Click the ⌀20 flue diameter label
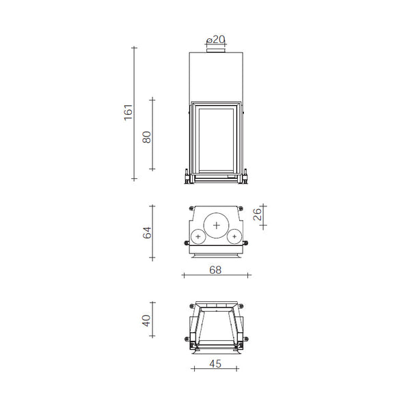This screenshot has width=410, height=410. tap(216, 39)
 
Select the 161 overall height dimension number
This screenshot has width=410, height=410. tap(128, 112)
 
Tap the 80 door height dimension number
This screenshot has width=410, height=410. tap(146, 136)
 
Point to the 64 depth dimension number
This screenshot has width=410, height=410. tap(146, 232)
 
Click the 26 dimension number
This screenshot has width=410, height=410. tap(257, 215)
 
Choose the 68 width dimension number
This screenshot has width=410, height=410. tap(215, 270)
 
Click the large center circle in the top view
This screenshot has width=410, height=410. tap(217, 225)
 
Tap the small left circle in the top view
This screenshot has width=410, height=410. tap(198, 236)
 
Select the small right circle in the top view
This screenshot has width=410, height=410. tap(235, 236)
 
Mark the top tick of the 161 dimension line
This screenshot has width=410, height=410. tap(135, 47)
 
